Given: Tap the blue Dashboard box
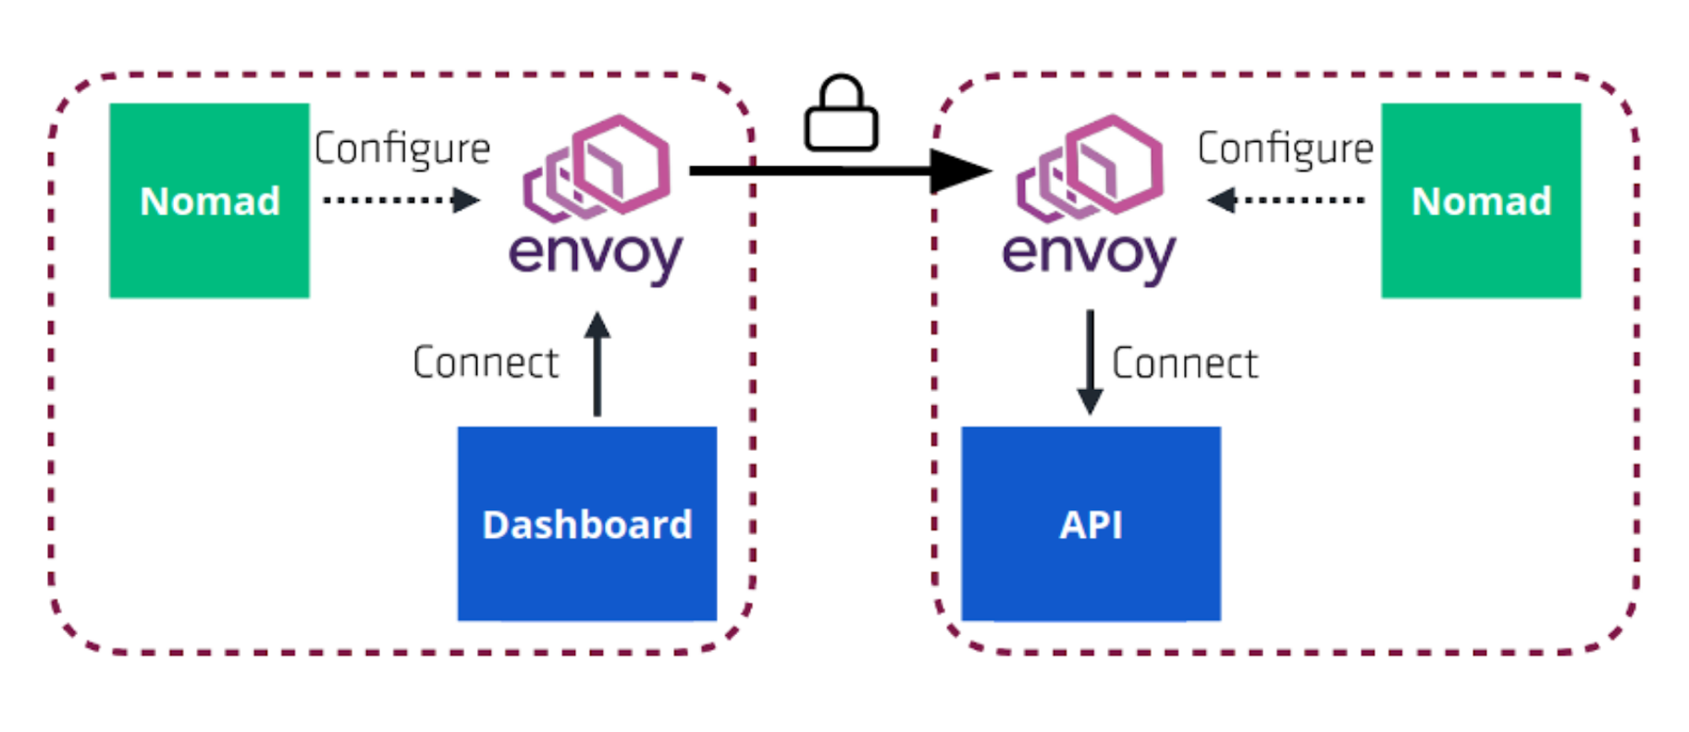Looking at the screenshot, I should [587, 574].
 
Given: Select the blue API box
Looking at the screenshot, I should [1090, 574].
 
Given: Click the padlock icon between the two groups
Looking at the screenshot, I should [841, 118].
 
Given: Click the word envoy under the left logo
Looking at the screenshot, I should [595, 253].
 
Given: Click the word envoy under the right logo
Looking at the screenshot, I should [1089, 253].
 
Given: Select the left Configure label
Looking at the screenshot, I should [402, 149].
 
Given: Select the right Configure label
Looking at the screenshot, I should [1285, 149].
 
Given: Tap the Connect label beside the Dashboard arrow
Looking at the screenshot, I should [486, 363].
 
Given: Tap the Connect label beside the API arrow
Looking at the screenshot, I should [1185, 364].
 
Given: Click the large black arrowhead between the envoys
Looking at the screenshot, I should [959, 171].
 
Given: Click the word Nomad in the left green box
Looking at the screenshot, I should [209, 201].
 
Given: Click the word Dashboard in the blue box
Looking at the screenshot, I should [587, 524].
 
